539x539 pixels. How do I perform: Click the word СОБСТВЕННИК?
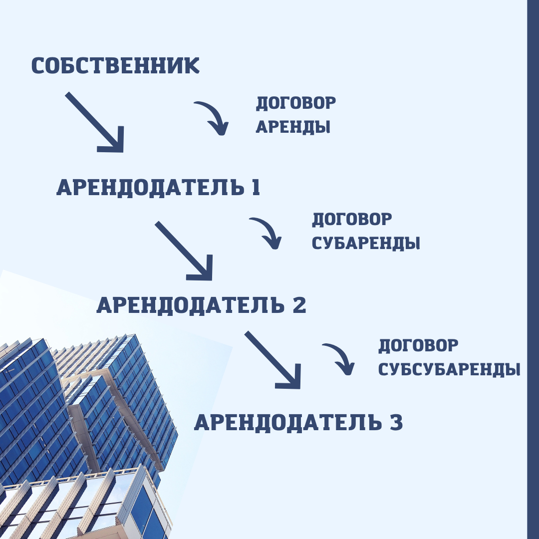tap(115, 66)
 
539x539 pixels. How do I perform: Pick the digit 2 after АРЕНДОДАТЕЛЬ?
tap(298, 305)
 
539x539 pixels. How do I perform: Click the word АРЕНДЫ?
tap(293, 127)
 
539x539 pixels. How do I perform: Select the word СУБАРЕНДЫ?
tap(365, 244)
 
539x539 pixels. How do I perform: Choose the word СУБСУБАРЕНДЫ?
tap(449, 370)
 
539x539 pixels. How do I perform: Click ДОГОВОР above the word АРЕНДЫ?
tap(296, 103)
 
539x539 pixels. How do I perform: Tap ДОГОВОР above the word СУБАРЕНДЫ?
tap(352, 220)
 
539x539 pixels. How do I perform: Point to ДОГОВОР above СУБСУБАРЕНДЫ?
tap(418, 345)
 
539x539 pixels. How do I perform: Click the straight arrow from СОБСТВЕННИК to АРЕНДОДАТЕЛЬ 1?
tap(95, 122)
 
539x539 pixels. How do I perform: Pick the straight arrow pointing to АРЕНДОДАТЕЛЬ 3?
tap(273, 360)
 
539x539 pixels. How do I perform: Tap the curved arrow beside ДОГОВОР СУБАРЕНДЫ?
tap(268, 232)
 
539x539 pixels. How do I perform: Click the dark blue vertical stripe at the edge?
tap(533, 269)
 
